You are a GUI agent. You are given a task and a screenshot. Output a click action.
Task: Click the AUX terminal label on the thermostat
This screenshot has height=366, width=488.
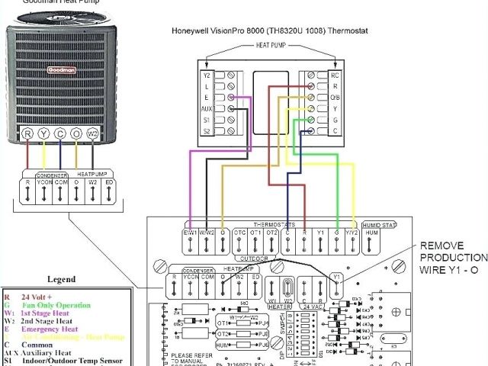(206, 109)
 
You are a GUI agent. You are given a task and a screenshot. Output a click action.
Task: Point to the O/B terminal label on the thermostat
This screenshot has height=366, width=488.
(334, 98)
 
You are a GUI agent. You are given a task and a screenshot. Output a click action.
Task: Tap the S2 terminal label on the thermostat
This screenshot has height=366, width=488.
(206, 132)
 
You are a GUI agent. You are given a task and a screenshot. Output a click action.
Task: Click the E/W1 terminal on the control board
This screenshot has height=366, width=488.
(190, 232)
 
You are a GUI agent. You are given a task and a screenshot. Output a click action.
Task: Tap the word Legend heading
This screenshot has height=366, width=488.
(61, 279)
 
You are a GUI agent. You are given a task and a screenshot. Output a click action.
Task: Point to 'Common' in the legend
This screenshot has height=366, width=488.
(43, 345)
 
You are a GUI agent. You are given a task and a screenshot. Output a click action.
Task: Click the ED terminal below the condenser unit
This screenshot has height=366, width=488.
(110, 183)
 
